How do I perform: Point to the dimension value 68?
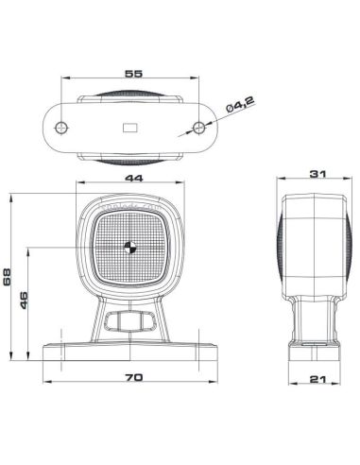pyautogui.click(x=8, y=276)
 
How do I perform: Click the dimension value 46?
pyautogui.click(x=26, y=301)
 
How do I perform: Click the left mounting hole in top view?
pyautogui.click(x=63, y=127)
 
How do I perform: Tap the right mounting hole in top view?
pyautogui.click(x=199, y=127)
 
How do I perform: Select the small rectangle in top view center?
pyautogui.click(x=131, y=126)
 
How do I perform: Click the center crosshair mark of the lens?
pyautogui.click(x=129, y=250)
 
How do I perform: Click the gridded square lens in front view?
pyautogui.click(x=129, y=248)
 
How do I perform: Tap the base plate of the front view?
pyautogui.click(x=132, y=352)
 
